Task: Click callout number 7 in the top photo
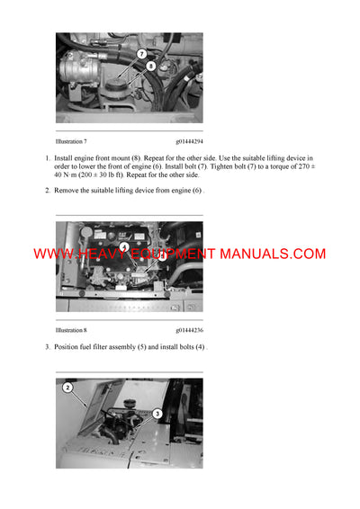click(141, 54)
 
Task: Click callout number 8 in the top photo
click(149, 66)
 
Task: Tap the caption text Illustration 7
click(71, 142)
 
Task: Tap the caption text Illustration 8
click(71, 330)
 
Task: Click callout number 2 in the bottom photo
click(67, 388)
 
